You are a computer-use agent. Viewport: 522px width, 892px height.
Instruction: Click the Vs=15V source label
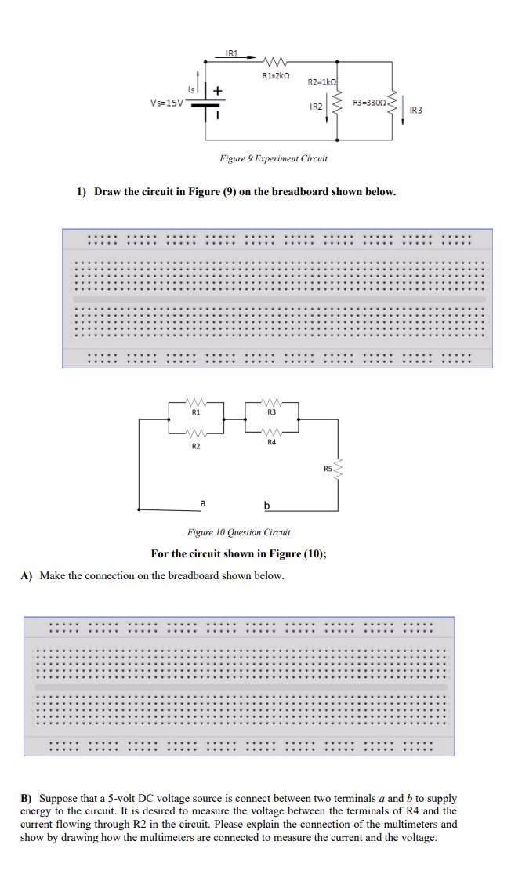pos(166,103)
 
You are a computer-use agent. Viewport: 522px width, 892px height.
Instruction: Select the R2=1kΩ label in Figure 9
pos(321,82)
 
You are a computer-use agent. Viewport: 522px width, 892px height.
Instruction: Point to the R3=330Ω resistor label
pos(370,103)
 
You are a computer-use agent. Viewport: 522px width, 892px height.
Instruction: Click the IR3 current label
pos(415,111)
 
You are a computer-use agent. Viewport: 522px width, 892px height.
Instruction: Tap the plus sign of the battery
pos(218,91)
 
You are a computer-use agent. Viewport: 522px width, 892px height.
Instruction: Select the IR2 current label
pos(316,106)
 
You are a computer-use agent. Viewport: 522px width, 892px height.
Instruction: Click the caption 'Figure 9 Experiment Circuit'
pos(274,158)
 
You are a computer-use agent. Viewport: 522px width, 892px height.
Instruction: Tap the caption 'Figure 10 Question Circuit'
pos(238,532)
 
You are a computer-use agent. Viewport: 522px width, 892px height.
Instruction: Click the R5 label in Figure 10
pos(328,469)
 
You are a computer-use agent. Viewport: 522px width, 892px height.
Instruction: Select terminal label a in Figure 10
pos(203,502)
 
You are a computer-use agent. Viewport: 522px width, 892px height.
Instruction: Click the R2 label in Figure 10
pos(196,446)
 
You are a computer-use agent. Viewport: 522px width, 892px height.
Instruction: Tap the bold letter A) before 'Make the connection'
pos(27,576)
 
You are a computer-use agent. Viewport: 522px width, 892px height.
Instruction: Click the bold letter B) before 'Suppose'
pos(26,797)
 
